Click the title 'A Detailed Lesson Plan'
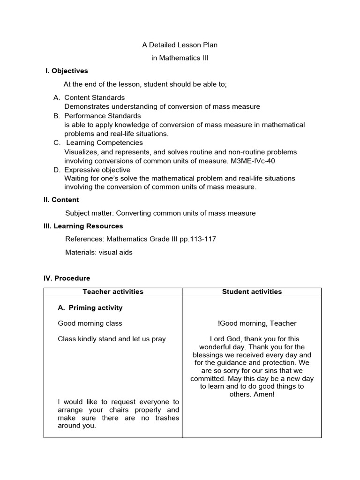tap(180, 45)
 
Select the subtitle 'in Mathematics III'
tap(180, 58)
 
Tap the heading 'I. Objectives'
tap(66, 71)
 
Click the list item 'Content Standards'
tap(94, 97)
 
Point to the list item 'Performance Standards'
tap(102, 116)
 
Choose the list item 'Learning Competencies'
tap(104, 142)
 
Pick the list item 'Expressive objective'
tap(97, 170)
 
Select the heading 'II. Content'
tap(61, 200)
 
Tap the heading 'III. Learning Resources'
tap(83, 226)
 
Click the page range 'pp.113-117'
tap(199, 239)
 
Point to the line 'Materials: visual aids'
tap(99, 252)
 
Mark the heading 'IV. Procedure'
tap(67, 278)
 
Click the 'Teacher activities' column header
tap(113, 292)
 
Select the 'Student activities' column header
tap(252, 292)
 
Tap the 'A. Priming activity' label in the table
tap(90, 308)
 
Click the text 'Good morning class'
tap(90, 323)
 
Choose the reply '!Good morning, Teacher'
tap(257, 323)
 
